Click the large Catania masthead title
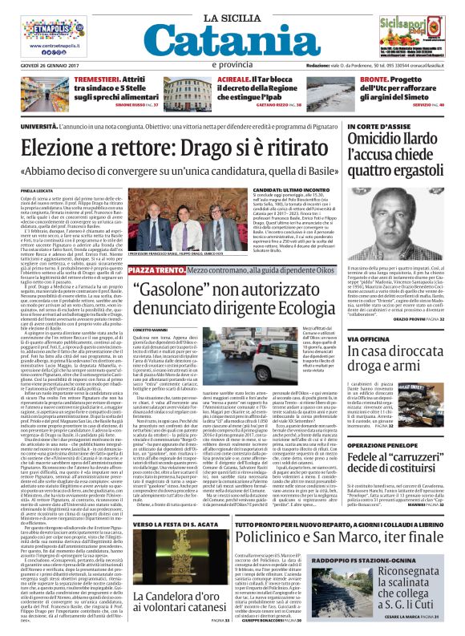[232, 38]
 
